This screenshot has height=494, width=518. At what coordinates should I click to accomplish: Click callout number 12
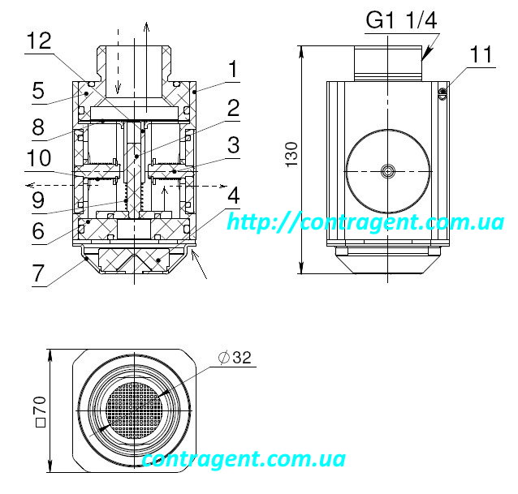coord(39,41)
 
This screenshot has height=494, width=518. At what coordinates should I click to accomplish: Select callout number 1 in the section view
coord(233,69)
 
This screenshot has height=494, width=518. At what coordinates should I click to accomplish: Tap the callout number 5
coord(38,91)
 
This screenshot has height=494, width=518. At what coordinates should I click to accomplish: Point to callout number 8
coord(38,127)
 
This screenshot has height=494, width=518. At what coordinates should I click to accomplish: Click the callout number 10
coord(39,157)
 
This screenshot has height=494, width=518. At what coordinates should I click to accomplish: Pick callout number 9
coord(38,200)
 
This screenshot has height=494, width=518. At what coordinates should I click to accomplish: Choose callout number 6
coord(38,230)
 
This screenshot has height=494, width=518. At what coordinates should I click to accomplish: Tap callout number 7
coord(38,273)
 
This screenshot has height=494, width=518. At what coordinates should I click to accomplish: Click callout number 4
coord(234,195)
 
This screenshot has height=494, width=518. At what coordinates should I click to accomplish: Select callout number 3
coord(234,145)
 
